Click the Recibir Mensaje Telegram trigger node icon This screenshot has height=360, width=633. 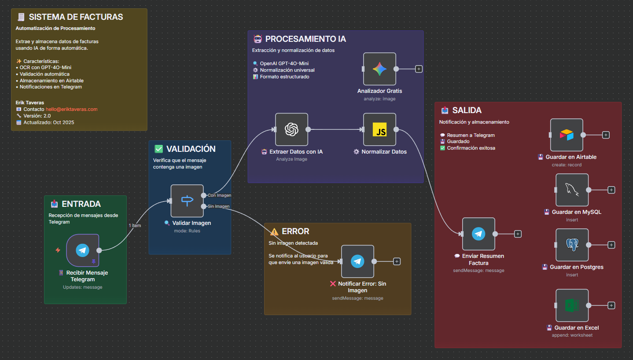tap(82, 250)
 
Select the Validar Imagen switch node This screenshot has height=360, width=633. tap(187, 201)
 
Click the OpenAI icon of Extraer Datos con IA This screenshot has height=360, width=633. tap(291, 129)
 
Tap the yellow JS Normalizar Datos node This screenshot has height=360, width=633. tap(379, 129)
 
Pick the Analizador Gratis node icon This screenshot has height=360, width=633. tap(379, 69)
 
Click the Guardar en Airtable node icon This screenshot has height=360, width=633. tap(567, 135)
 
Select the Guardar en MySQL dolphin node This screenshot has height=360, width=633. tap(572, 190)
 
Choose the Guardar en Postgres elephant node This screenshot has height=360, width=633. tap(572, 245)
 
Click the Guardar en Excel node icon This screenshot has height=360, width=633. tap(572, 305)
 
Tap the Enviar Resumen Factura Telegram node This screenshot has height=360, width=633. tap(478, 234)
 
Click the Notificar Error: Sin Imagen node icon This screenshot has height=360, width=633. tap(357, 261)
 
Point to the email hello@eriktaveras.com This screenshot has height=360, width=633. tap(71, 109)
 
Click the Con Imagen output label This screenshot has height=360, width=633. tap(219, 195)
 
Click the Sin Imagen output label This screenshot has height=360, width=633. tap(218, 206)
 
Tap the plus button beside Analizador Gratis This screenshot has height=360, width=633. tap(419, 69)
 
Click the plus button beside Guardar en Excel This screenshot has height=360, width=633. tap(611, 305)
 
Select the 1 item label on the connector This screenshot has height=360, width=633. tap(135, 226)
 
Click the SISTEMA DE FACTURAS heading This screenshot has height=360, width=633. tap(76, 17)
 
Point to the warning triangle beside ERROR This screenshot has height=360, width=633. tap(274, 231)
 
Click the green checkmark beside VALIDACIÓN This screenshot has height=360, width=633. tap(158, 149)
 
